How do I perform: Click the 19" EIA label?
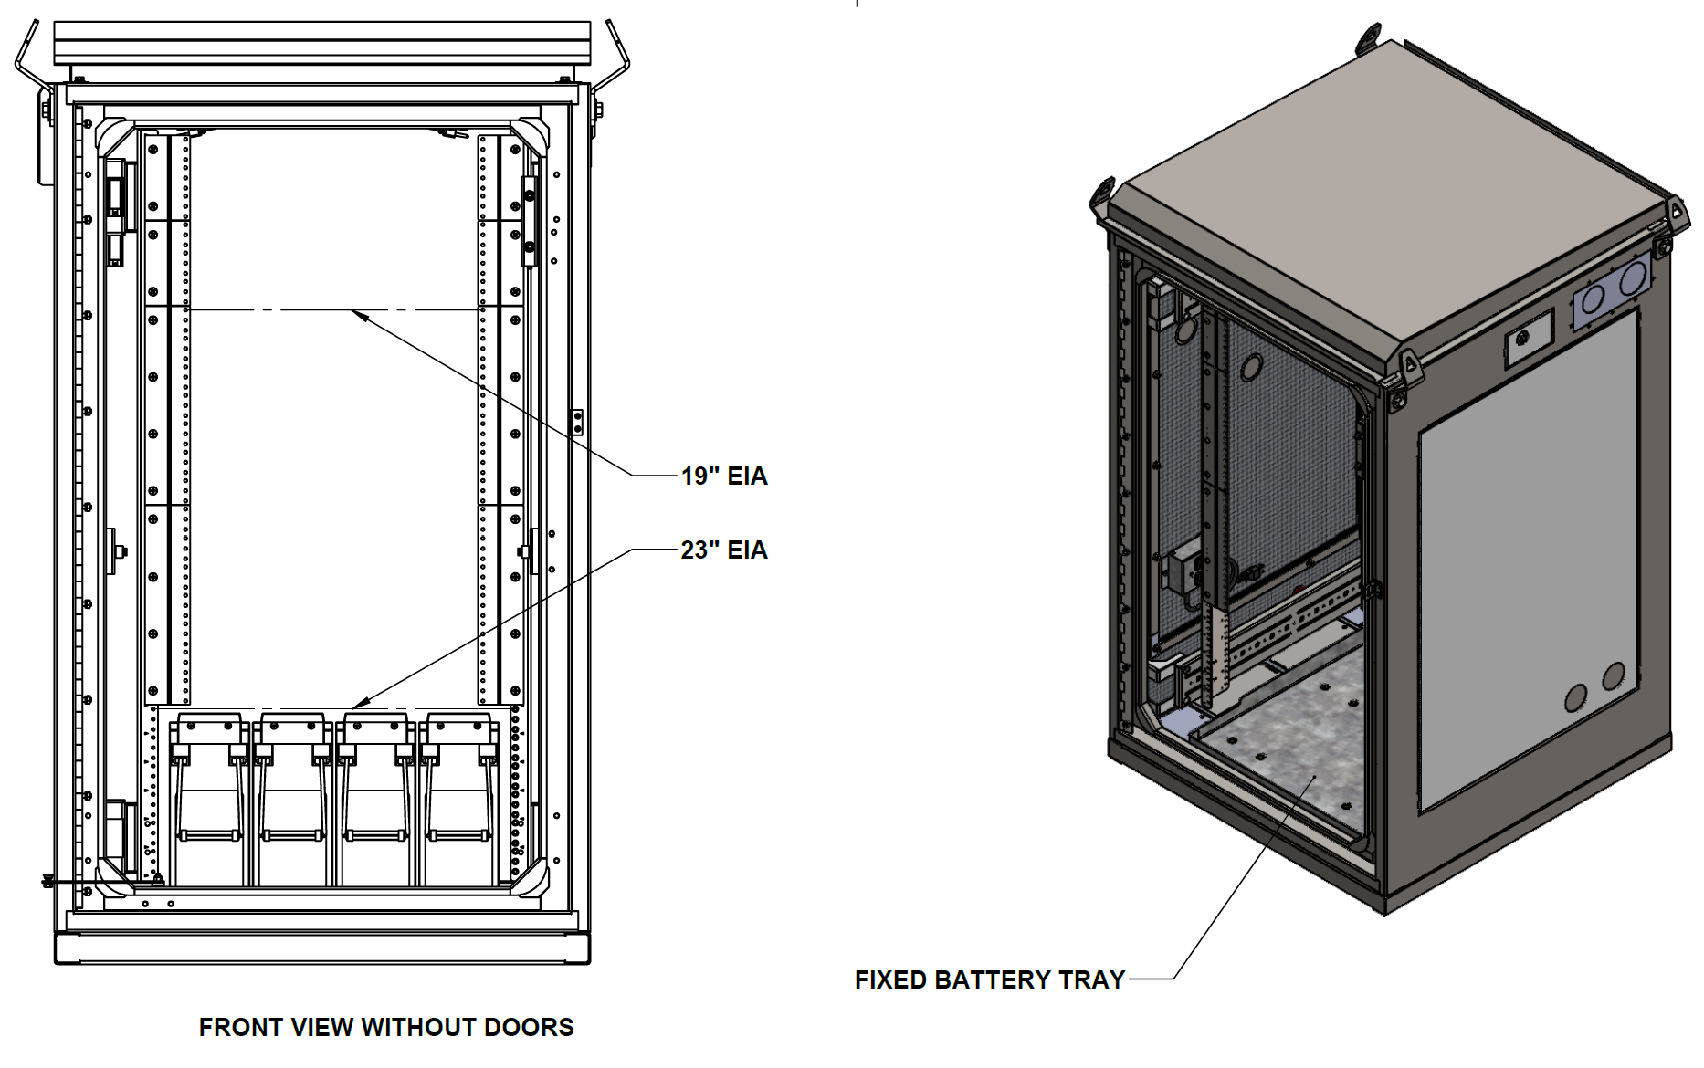point(723,476)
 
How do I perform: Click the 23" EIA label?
point(723,550)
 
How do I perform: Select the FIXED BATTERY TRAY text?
point(989,979)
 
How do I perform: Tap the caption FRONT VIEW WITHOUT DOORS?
point(386,1027)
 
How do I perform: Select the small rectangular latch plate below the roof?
point(1528,338)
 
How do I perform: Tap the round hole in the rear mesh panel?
point(1250,367)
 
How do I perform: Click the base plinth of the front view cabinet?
point(322,948)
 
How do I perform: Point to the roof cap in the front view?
point(322,43)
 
